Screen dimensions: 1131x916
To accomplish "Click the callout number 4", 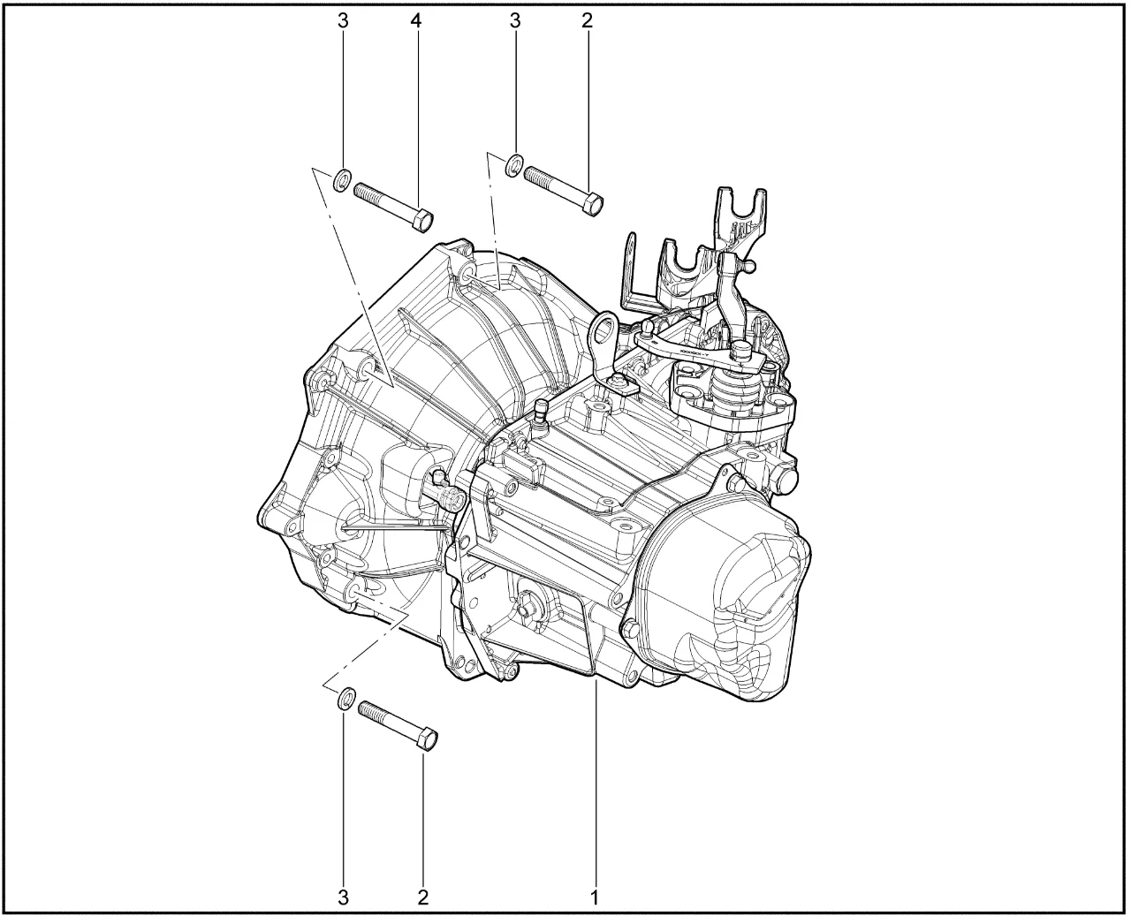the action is [x=416, y=21].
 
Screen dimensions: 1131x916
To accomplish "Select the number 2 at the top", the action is [x=587, y=21].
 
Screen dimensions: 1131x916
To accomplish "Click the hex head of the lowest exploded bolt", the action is [x=428, y=739].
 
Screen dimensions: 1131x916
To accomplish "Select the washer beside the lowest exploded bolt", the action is [x=345, y=698].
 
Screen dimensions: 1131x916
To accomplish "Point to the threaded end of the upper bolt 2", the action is [x=536, y=176].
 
